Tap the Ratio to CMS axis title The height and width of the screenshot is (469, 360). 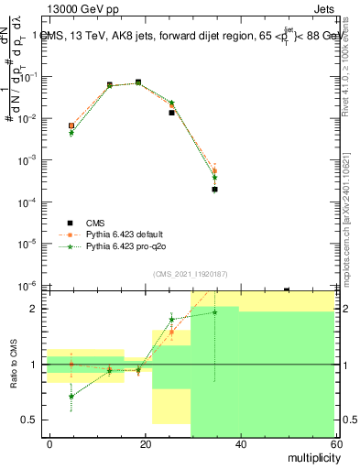(14, 365)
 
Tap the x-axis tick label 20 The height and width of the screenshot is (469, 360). (146, 443)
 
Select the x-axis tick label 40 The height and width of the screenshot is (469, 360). (240, 443)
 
